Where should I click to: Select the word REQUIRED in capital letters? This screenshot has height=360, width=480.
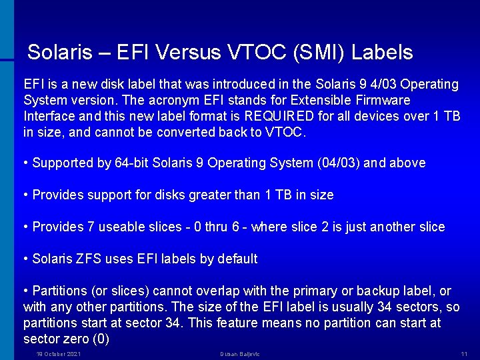point(279,116)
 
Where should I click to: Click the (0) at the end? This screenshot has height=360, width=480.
point(101,339)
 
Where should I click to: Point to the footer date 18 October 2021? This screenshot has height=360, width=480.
point(59,353)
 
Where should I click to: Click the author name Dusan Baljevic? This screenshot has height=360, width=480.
point(240,353)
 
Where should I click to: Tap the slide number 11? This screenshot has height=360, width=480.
point(464,353)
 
